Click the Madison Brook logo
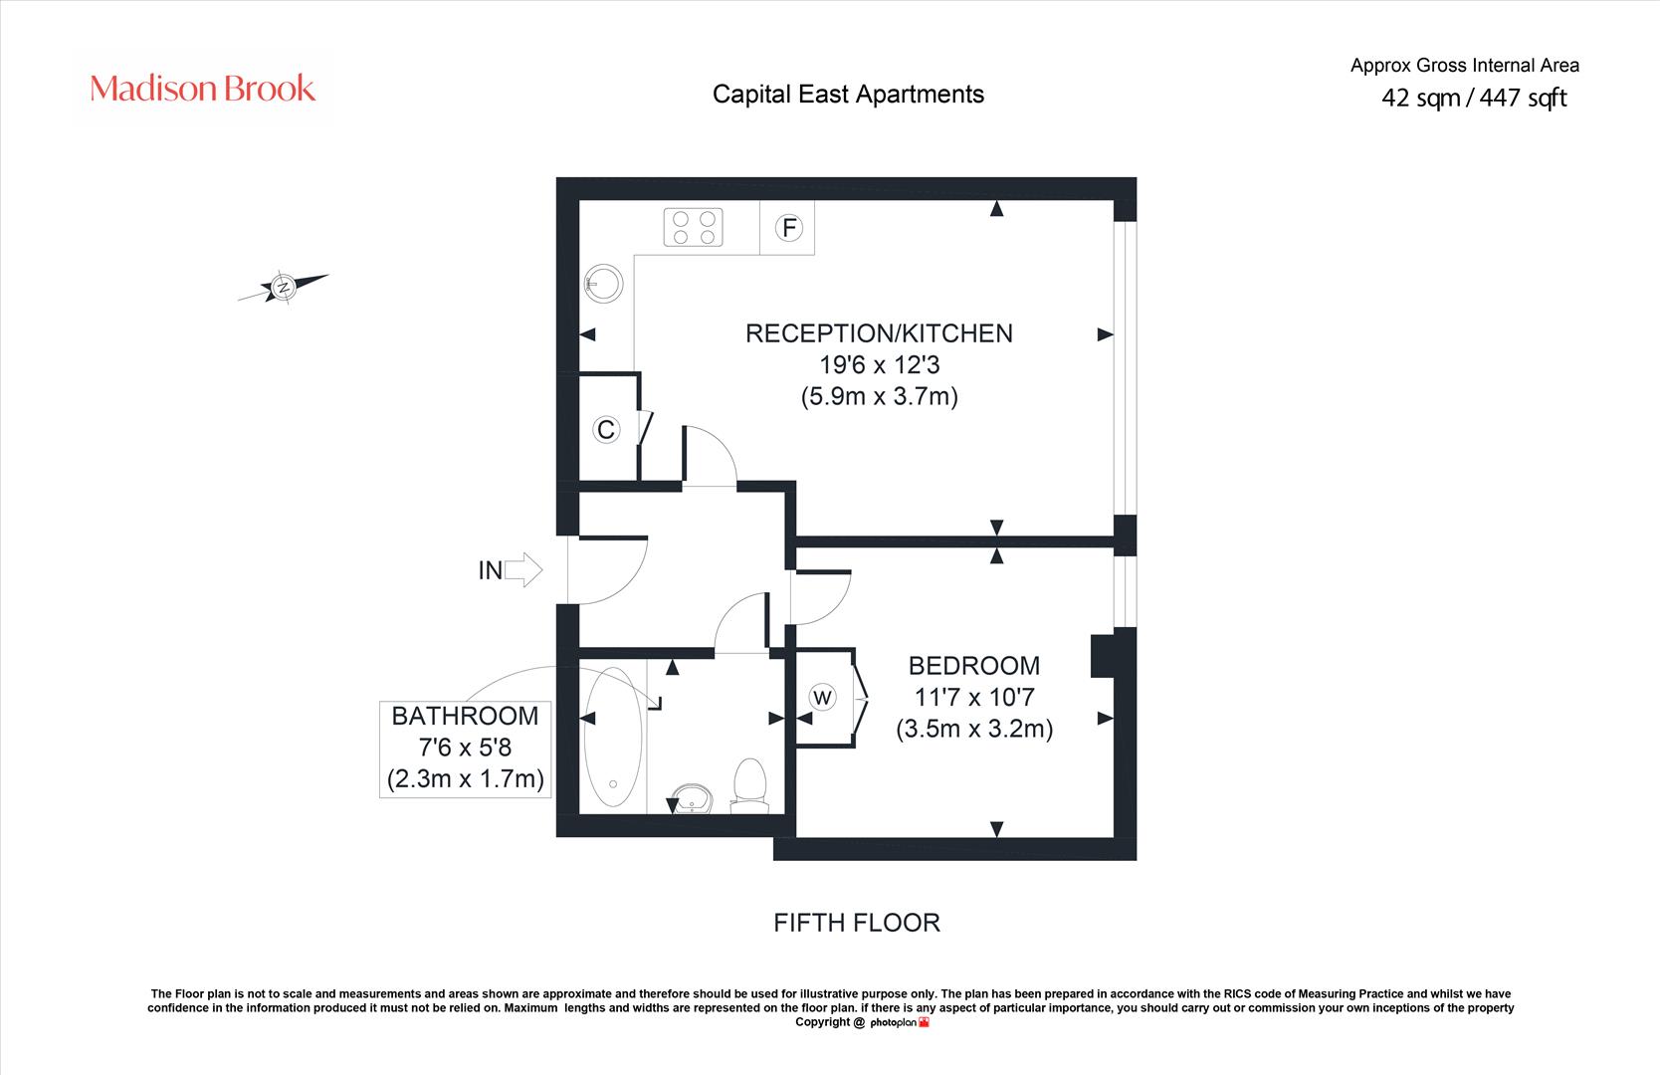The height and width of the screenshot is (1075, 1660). [202, 89]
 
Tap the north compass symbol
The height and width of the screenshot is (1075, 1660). [283, 287]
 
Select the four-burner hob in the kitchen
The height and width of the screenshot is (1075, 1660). [694, 227]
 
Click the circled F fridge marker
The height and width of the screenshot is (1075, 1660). [789, 227]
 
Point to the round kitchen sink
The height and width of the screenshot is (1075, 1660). [603, 284]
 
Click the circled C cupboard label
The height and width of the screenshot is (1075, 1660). [606, 429]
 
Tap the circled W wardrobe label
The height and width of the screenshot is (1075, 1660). [822, 697]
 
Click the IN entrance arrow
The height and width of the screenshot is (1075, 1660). [523, 569]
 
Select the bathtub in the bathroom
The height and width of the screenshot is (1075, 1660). [613, 737]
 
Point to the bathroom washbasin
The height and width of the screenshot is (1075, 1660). [692, 798]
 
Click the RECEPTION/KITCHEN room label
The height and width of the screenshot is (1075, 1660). [879, 333]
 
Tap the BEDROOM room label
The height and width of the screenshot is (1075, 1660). [974, 666]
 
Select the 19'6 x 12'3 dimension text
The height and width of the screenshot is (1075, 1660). [879, 364]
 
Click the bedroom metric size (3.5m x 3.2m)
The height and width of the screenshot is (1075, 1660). [974, 729]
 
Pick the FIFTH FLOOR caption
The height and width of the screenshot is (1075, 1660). [857, 923]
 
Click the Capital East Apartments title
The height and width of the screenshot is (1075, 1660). [848, 95]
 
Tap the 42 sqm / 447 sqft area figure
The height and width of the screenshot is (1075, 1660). [1474, 98]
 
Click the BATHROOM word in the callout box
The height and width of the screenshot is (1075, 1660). [466, 717]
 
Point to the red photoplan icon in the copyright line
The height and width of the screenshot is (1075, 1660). [924, 1022]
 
